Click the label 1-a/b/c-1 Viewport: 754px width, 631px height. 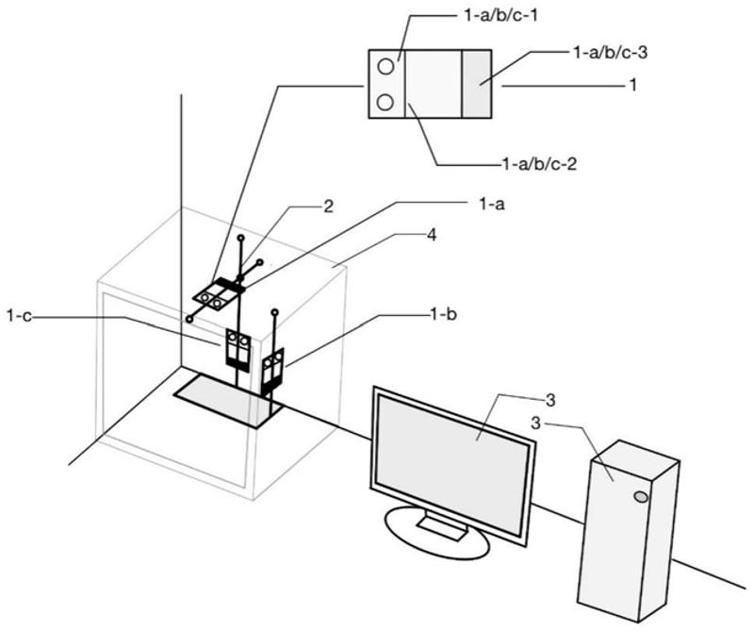tap(500, 16)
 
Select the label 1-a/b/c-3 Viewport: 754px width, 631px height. tap(611, 53)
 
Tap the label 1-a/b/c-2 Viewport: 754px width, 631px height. tap(539, 165)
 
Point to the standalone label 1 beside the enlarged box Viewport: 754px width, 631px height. tap(632, 85)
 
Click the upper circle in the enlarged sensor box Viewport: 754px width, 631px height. tap(385, 66)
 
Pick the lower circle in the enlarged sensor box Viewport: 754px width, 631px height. tap(385, 102)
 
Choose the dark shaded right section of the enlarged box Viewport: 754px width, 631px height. tap(477, 84)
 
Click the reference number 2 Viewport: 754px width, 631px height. tap(328, 207)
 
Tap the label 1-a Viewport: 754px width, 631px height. tap(491, 204)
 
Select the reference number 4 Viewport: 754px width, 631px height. tap(432, 236)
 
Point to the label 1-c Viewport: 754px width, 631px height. tap(20, 316)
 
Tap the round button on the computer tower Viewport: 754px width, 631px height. tap(641, 496)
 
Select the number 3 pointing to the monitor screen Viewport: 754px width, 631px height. tap(550, 400)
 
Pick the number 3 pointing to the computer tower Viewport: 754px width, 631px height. tap(537, 423)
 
